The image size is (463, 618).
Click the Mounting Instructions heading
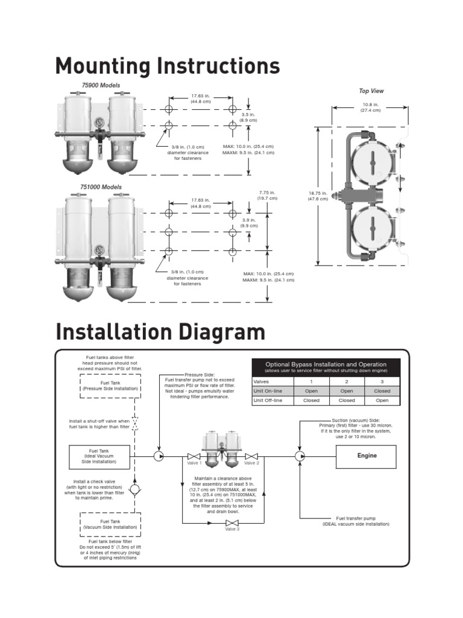coord(167,66)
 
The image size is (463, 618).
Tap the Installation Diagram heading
coord(160,332)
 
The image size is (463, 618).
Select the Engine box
coord(367,456)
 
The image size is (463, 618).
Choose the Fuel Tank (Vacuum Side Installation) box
coord(110,524)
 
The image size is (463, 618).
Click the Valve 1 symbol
coord(194,456)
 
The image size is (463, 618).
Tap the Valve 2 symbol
coord(251,456)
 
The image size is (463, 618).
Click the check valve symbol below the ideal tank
coord(134,488)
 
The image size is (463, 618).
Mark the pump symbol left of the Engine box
coord(300,456)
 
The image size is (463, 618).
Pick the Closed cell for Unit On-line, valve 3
coord(382,391)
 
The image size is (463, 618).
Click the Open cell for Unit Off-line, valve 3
coord(382,400)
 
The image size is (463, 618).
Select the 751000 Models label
coord(101,187)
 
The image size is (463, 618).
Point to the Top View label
coord(371,91)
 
